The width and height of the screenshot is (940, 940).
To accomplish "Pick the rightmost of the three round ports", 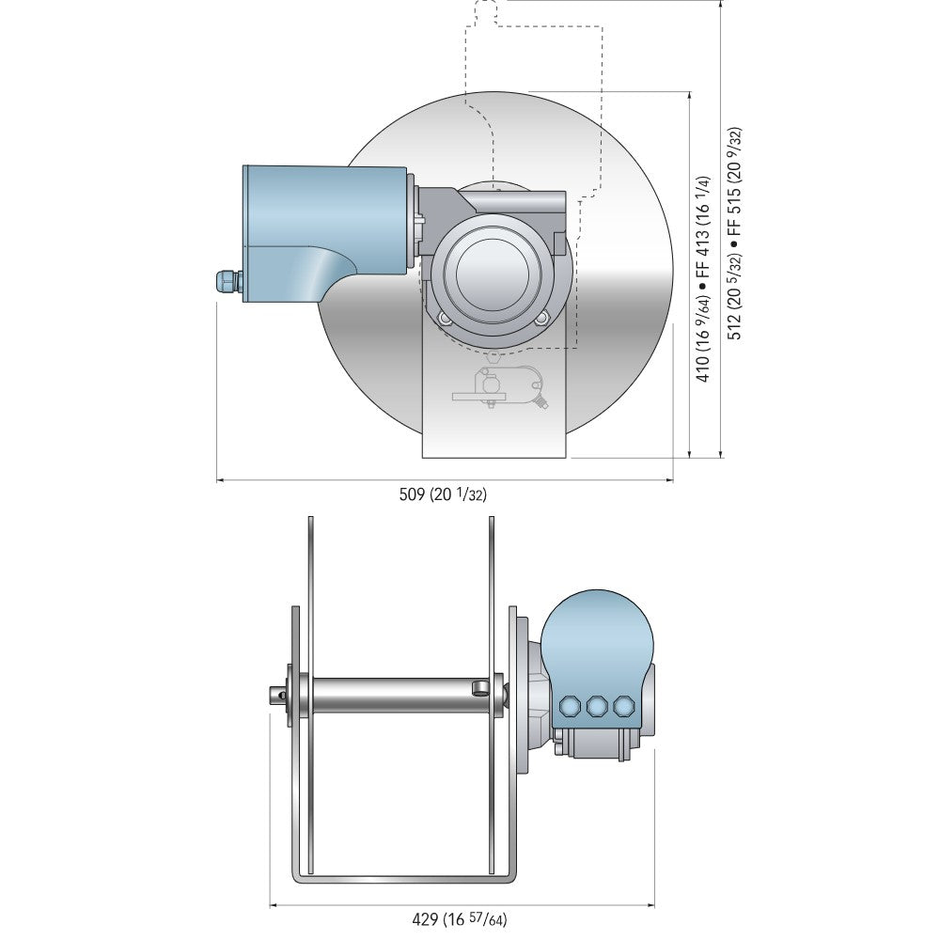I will tap(623, 706).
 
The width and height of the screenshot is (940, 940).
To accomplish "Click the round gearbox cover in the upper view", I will tap(492, 274).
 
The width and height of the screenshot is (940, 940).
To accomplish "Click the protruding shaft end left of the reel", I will tap(274, 694).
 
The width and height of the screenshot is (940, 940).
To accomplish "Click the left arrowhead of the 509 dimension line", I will tap(222, 479).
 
